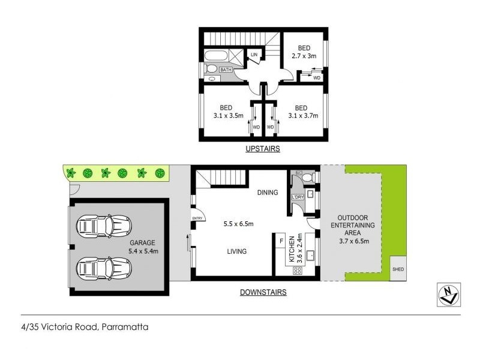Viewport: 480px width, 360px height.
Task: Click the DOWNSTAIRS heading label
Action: (x=263, y=292)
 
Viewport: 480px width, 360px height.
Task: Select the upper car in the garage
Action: (x=103, y=227)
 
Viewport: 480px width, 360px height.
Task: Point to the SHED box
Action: (x=398, y=269)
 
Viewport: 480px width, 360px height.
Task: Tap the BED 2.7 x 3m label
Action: (x=304, y=52)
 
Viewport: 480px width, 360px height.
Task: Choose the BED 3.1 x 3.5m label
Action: (x=226, y=112)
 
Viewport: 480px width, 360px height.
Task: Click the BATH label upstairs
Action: (x=226, y=70)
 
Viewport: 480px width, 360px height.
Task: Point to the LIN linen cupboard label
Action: (x=254, y=55)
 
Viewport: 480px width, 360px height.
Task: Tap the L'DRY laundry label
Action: (x=297, y=197)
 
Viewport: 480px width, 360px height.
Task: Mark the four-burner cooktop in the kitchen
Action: (x=298, y=271)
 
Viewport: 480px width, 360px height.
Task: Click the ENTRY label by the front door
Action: (x=196, y=218)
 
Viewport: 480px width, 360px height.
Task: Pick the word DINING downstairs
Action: (x=268, y=193)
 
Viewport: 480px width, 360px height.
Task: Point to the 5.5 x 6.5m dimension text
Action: (x=238, y=224)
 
